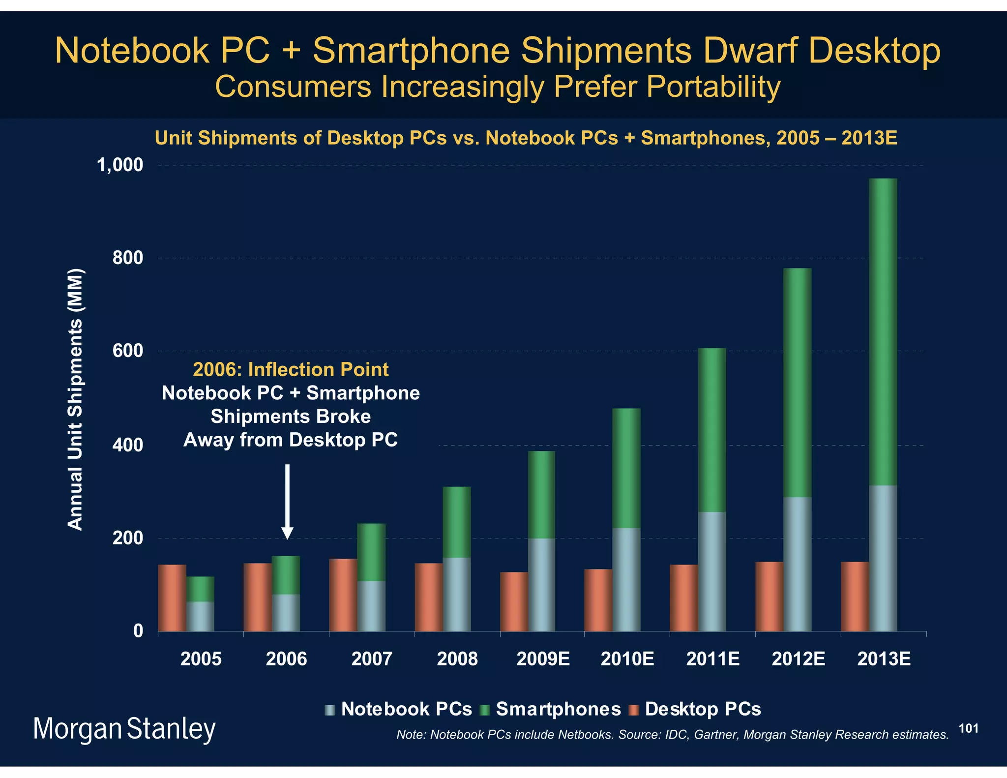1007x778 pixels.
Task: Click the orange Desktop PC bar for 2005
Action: pos(172,598)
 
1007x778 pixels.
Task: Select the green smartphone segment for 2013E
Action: pos(883,332)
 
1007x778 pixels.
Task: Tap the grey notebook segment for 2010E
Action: pos(626,579)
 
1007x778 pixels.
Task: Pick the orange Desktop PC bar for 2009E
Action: pos(514,601)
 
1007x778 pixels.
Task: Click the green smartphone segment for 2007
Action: pos(371,552)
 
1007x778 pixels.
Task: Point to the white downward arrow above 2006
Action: pos(288,502)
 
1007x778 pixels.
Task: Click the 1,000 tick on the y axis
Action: pos(120,166)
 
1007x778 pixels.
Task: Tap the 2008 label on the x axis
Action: pos(457,659)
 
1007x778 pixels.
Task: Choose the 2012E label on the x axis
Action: pos(798,659)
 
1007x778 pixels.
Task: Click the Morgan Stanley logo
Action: pos(124,729)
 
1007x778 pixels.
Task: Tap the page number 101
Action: pos(968,729)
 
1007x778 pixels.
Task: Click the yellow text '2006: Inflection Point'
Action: pos(291,369)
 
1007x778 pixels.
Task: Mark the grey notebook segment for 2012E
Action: pos(797,564)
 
